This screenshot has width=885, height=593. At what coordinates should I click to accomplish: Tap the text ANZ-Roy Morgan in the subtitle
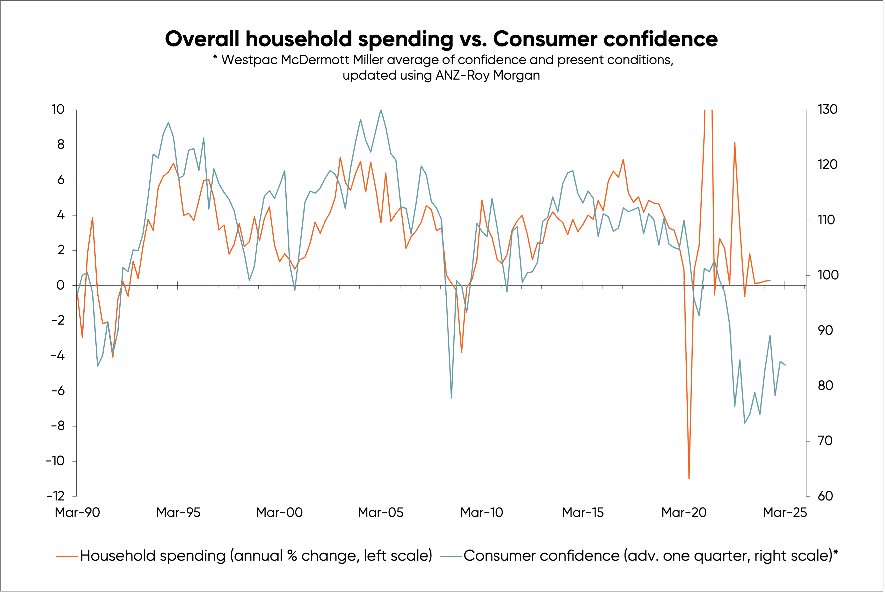pyautogui.click(x=487, y=75)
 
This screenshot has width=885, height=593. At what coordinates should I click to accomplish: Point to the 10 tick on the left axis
pyautogui.click(x=58, y=110)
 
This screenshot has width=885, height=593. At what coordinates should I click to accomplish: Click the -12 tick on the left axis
pyautogui.click(x=56, y=496)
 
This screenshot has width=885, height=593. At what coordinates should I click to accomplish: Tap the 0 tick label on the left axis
pyautogui.click(x=60, y=285)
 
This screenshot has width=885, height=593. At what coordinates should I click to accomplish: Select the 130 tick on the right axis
pyautogui.click(x=827, y=110)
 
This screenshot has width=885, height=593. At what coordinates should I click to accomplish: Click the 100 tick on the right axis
pyautogui.click(x=827, y=275)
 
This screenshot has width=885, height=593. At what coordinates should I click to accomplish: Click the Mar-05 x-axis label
pyautogui.click(x=381, y=512)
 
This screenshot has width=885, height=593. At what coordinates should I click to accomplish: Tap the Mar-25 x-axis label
pyautogui.click(x=784, y=512)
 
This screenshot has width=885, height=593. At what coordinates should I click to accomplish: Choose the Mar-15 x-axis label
pyautogui.click(x=583, y=512)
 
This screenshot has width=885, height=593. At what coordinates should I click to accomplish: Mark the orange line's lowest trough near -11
pyautogui.click(x=689, y=478)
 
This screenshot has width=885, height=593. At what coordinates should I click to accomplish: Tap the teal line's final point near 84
pyautogui.click(x=785, y=365)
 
